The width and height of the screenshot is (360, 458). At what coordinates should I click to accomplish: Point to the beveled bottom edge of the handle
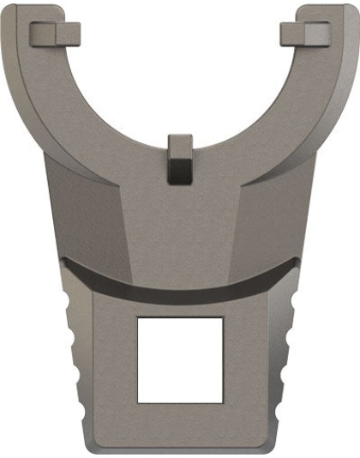click(x=180, y=449)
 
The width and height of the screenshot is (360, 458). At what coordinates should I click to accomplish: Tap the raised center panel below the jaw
click(x=180, y=223)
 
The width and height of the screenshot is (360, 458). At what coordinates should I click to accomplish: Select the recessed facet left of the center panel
click(x=90, y=214)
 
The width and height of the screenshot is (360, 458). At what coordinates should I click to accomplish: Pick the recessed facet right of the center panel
click(x=270, y=214)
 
